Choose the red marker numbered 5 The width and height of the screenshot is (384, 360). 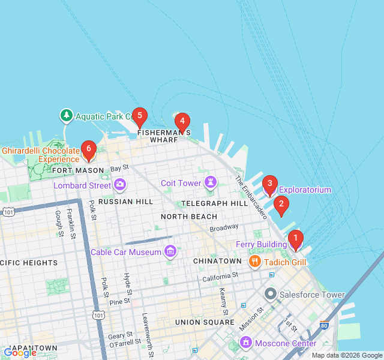(x=139, y=116)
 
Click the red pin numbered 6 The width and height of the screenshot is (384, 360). (x=89, y=149)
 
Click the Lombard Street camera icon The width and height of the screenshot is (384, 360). (x=120, y=185)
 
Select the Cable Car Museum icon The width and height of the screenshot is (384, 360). (x=170, y=251)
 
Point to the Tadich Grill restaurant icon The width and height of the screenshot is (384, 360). (x=254, y=262)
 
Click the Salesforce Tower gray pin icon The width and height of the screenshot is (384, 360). (x=270, y=295)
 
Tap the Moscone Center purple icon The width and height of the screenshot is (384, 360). (x=245, y=343)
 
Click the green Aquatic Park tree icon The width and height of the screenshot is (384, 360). (x=66, y=115)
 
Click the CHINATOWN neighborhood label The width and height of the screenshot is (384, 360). (x=217, y=262)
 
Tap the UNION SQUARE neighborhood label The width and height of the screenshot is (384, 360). (x=203, y=322)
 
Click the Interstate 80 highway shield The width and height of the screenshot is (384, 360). (x=324, y=326)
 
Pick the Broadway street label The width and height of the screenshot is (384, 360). (x=224, y=229)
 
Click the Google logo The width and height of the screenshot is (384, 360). (x=20, y=353)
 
